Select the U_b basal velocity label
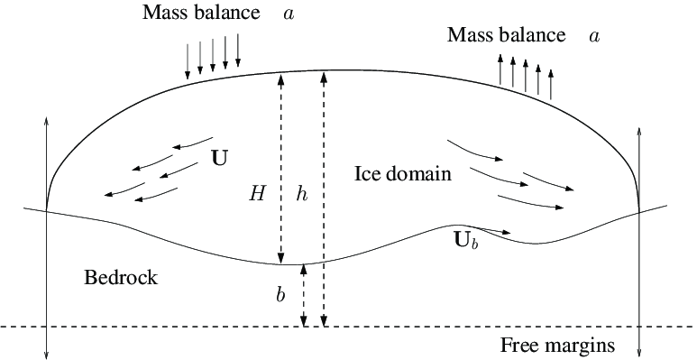point(465,242)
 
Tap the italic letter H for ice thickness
point(258,192)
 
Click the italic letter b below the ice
point(280,295)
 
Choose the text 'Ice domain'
point(402,172)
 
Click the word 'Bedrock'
point(120,277)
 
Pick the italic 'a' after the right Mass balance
point(593,36)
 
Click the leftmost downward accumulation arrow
point(188,59)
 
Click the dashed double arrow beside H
point(280,167)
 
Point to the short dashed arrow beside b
point(304,294)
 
